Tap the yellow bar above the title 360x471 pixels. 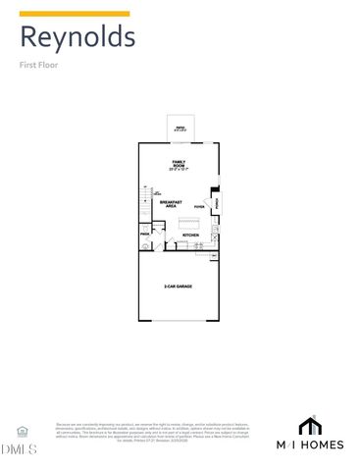(74, 14)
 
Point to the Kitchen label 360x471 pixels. (190, 235)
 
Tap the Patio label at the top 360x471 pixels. (180, 128)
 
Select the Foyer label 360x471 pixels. (199, 207)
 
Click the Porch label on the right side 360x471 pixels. (217, 203)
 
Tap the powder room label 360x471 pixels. (144, 235)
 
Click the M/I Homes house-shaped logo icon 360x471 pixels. (309, 427)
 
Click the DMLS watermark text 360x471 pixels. (20, 449)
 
